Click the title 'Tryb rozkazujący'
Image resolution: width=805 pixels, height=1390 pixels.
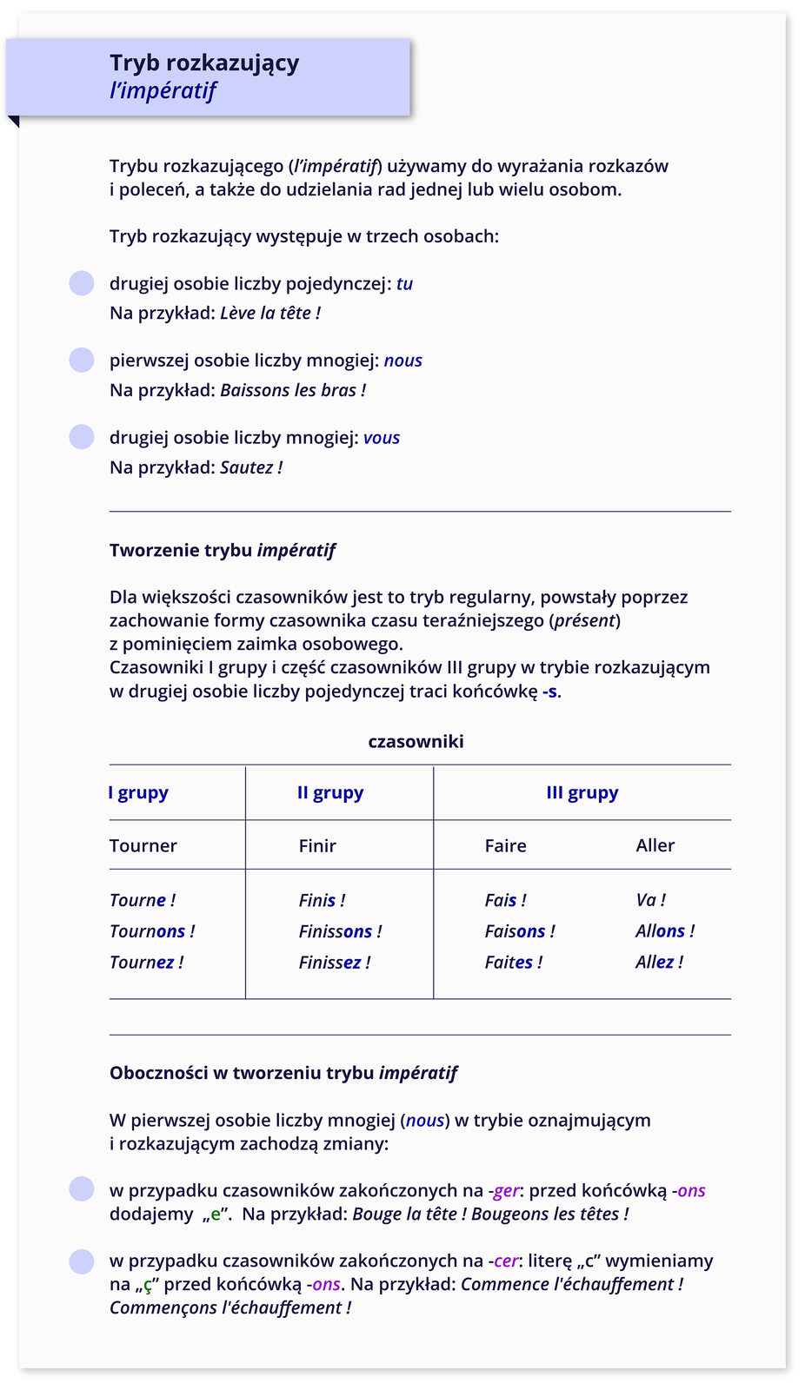pos(204,63)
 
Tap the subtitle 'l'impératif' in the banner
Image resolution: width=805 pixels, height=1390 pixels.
pos(163,91)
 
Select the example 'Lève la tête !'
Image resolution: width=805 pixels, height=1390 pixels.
pos(270,313)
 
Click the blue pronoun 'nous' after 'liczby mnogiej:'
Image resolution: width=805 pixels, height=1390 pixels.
pos(403,361)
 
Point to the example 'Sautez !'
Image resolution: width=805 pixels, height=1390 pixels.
pos(251,467)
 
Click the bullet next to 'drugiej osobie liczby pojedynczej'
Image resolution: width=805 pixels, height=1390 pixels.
pos(82,283)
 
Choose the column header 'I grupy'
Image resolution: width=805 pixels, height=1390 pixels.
pos(138,792)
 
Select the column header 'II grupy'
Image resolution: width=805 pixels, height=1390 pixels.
pos(330,792)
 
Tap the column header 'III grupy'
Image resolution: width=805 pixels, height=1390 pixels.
pos(582,792)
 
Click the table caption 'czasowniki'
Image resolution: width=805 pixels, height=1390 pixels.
pos(416,741)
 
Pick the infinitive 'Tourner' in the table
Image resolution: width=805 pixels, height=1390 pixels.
pos(143,845)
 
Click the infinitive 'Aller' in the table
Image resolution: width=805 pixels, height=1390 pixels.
pos(655,845)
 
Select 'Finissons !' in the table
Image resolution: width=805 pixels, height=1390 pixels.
pos(340,931)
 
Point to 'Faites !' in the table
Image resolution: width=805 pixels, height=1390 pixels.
pos(513,963)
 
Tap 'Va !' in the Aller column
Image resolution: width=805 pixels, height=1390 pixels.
pos(650,900)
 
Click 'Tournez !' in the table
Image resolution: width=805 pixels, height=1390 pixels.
pos(146,963)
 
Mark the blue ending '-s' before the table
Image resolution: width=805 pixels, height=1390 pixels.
pos(550,692)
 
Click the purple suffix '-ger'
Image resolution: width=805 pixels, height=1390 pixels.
pos(504,1190)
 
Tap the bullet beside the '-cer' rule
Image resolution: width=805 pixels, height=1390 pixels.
pos(82,1261)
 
